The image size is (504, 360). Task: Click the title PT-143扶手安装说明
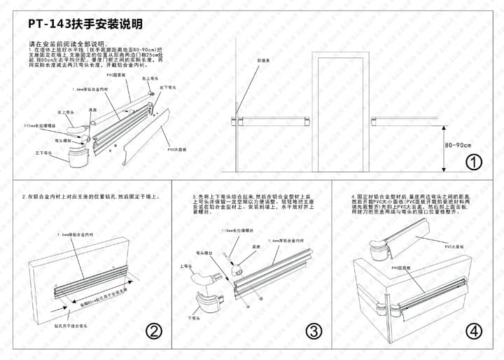pos(86,24)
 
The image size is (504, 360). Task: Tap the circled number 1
pos(474,162)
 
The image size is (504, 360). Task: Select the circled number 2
pos(154,331)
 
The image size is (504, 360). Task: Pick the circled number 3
pos(314,331)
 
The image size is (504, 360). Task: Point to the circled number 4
pos(475,331)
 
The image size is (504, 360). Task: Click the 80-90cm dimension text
pos(458,145)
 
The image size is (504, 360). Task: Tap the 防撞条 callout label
pos(263,60)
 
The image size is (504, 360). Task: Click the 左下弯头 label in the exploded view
pos(43,152)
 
